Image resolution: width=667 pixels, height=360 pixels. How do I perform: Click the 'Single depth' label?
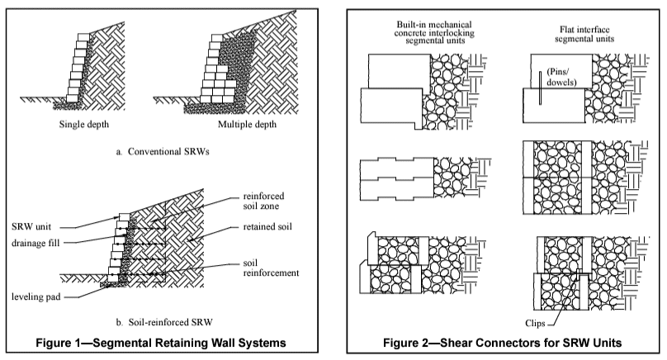coord(84,126)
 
